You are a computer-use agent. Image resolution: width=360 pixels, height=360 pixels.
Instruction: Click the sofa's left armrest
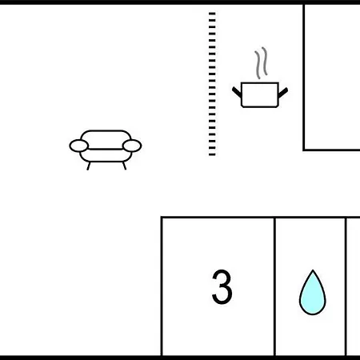click(x=79, y=146)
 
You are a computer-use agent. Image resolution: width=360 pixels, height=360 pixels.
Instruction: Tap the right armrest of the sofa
click(x=132, y=146)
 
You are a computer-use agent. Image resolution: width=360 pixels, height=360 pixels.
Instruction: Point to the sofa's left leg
click(x=89, y=166)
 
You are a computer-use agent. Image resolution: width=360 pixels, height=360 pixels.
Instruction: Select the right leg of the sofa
click(x=124, y=166)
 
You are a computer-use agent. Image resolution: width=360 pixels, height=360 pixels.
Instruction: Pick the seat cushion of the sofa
click(x=106, y=155)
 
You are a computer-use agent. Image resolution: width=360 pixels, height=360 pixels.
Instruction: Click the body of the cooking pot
click(x=260, y=94)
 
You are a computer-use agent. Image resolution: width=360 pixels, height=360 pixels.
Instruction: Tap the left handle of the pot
click(x=237, y=92)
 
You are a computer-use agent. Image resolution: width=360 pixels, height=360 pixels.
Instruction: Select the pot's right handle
click(x=283, y=92)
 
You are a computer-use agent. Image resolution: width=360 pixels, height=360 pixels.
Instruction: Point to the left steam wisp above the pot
click(x=258, y=65)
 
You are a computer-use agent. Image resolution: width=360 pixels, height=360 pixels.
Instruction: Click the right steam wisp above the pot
click(x=265, y=61)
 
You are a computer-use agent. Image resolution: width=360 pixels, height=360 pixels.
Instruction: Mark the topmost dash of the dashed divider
click(x=212, y=14)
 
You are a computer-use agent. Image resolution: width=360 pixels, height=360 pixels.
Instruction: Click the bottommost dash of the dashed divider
click(x=212, y=154)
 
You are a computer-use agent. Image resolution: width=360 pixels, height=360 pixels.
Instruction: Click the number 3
click(x=222, y=286)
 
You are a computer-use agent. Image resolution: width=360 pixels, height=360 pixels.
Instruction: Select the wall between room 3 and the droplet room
click(x=274, y=286)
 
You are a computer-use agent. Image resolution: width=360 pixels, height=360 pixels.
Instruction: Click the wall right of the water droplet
click(x=346, y=286)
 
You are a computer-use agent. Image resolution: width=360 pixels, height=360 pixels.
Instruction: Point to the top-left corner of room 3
click(x=162, y=218)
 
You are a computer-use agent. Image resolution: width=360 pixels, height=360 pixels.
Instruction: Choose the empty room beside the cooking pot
click(x=332, y=78)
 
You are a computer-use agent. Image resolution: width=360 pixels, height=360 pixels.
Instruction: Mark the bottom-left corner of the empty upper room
click(x=304, y=150)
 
